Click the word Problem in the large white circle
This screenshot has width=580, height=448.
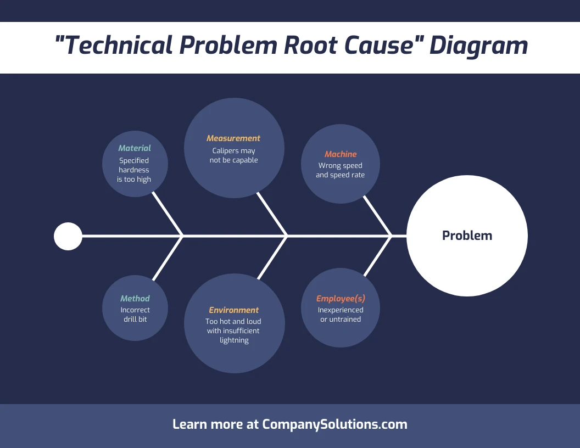(x=467, y=236)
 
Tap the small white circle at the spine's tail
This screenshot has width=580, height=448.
(x=68, y=236)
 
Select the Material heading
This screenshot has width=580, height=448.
(x=135, y=148)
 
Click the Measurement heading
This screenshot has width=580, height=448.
(x=233, y=138)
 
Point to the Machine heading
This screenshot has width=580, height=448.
(x=341, y=154)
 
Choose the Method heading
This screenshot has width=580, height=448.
(x=135, y=299)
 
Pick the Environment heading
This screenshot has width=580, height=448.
(x=234, y=310)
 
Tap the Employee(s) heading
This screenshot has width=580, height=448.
(x=341, y=299)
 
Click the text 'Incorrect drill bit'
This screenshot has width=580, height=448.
(x=135, y=315)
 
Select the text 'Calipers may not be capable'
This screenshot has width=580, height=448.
(x=234, y=155)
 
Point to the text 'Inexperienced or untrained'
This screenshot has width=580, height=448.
(x=341, y=315)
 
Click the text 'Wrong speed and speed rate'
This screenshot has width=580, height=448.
(x=341, y=170)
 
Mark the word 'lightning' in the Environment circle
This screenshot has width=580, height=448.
(x=234, y=340)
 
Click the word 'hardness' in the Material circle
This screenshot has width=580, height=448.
(x=134, y=170)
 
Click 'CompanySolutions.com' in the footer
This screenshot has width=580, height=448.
(x=334, y=424)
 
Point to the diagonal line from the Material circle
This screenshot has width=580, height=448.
(x=167, y=213)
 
